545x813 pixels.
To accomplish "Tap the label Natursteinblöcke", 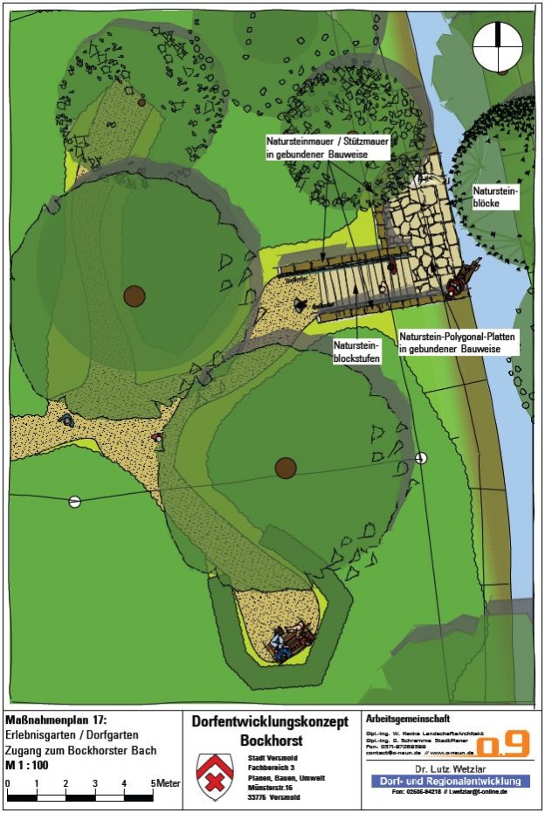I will tap(495, 196).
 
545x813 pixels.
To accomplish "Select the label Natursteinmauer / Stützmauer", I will tap(316, 146).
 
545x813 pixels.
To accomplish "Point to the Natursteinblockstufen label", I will tap(358, 351).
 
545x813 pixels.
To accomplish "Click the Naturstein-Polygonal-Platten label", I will tap(458, 342).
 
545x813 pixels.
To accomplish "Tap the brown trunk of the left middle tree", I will tap(134, 295).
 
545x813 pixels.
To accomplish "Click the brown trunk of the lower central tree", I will tap(286, 468).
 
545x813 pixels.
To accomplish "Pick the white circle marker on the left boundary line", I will tap(74, 501).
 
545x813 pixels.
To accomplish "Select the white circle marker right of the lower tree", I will tap(422, 457).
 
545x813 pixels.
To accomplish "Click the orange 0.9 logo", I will tap(503, 743).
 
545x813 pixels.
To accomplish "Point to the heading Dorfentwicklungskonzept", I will tap(270, 721).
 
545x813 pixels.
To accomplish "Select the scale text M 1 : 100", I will tap(28, 765).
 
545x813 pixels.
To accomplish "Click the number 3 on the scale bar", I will tap(94, 784).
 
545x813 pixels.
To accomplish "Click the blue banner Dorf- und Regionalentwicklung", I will tap(451, 781).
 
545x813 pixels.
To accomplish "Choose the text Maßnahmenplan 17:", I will tap(56, 719).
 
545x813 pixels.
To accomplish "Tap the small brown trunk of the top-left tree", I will tap(141, 102).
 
